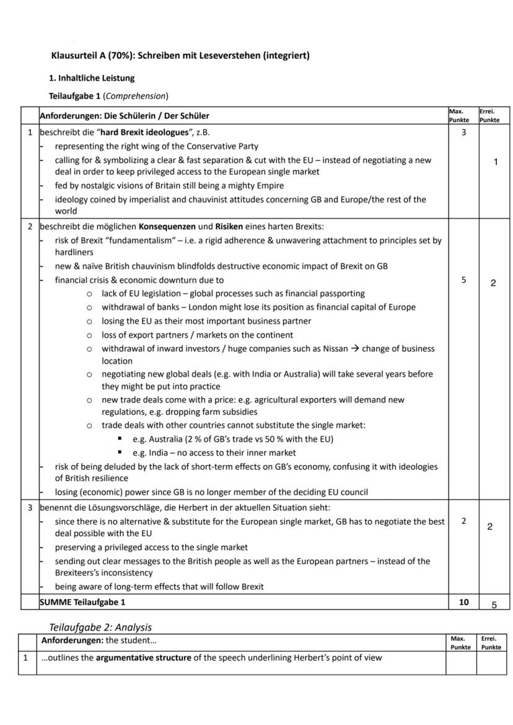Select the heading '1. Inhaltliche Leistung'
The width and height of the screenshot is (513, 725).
coord(91,78)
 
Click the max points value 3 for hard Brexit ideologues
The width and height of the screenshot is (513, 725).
coord(463,132)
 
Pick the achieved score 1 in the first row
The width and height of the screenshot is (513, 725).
coord(495,162)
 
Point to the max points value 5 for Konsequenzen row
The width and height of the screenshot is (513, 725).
coord(463,280)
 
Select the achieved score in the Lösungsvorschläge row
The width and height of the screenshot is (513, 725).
coord(489,527)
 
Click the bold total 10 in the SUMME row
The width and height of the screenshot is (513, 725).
coord(463,602)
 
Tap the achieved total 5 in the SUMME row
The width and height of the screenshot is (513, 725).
coord(494,605)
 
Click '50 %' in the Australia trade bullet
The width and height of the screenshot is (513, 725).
coord(285,439)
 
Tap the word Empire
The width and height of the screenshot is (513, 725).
coord(268,186)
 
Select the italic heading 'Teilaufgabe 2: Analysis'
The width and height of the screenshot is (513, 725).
coord(100,627)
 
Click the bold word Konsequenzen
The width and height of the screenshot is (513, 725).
coord(168,226)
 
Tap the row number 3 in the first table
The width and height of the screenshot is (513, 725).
coord(29,508)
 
